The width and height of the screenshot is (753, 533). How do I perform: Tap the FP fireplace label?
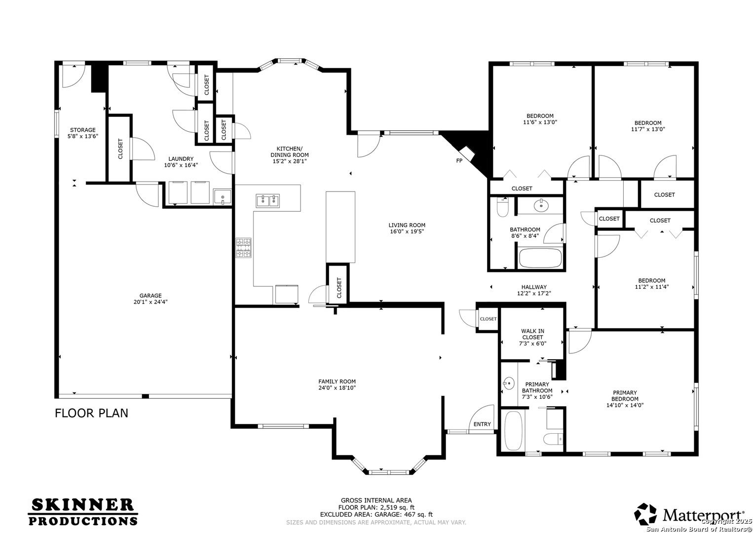point(459,161)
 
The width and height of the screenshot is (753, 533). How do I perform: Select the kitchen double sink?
point(267,200)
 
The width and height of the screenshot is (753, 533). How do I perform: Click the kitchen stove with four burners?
point(243,248)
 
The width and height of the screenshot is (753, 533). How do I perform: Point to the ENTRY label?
point(482,424)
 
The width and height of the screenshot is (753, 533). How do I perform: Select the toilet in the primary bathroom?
point(553,438)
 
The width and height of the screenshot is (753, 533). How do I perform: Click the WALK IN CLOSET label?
point(532,334)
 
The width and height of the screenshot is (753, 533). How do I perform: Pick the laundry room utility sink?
point(222,196)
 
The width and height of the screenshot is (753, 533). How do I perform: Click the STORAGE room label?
point(82,130)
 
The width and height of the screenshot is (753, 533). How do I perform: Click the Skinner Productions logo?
point(83,512)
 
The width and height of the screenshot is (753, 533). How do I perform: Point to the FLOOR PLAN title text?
point(91,413)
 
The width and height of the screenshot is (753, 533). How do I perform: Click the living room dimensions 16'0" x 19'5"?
point(407,231)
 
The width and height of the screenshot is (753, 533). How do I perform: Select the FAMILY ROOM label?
point(337,381)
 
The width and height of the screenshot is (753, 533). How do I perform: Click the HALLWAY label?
point(534,287)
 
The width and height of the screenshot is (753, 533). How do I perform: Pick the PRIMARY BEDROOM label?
point(625,396)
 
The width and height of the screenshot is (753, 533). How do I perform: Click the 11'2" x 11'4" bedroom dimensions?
point(651,287)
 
